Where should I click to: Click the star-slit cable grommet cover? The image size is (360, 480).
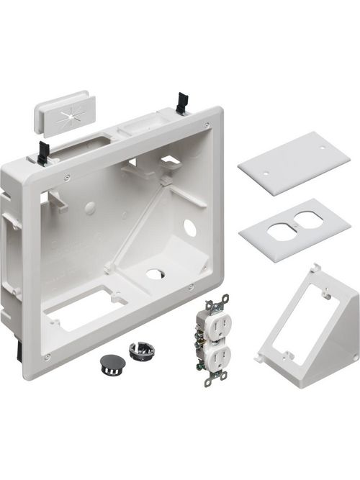(x=63, y=113)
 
